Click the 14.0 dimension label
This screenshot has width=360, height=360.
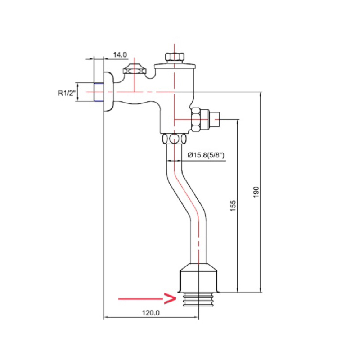coord(120,55)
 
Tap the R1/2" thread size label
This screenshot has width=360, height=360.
coord(67,93)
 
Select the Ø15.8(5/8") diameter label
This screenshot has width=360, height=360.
coord(206,155)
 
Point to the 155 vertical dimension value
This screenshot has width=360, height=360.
coord(233,206)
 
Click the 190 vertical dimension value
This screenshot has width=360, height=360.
coord(256,193)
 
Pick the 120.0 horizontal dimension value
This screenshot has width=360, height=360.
coord(151,313)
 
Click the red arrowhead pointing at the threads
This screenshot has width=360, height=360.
coord(170,298)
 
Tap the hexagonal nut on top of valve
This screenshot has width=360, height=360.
coord(175,57)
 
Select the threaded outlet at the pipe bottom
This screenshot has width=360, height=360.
coord(198,299)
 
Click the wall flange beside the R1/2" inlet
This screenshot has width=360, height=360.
coord(108,92)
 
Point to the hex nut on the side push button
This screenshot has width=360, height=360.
coord(196,119)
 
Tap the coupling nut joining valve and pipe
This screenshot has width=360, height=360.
coord(175,139)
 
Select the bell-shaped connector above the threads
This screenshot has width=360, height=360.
coord(198,278)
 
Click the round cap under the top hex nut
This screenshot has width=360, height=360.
coord(175,66)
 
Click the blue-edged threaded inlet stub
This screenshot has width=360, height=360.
coord(99,92)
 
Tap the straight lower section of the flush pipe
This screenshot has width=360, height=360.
coord(198,241)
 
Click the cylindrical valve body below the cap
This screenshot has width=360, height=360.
coord(177,101)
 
